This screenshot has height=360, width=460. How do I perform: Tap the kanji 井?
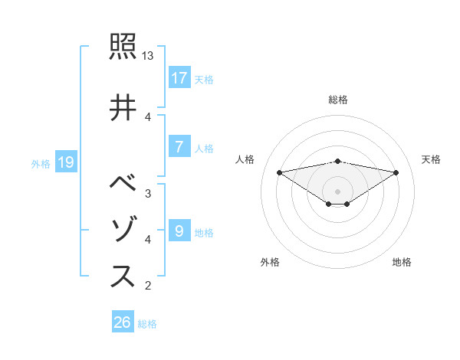pyautogui.click(x=123, y=107)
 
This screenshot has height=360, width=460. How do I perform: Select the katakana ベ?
pyautogui.click(x=123, y=185)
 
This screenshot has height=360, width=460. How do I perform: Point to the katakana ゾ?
pyautogui.click(x=123, y=230)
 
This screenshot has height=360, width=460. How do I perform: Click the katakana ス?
pyautogui.click(x=123, y=277)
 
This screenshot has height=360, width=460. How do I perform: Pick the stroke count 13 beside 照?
pyautogui.click(x=148, y=56)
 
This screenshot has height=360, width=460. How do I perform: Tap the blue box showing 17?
pyautogui.click(x=179, y=77)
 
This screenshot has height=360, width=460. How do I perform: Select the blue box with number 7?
pyautogui.click(x=179, y=147)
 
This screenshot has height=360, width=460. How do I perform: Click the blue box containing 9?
pyautogui.click(x=179, y=231)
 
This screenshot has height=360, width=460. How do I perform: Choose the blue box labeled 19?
pyautogui.click(x=65, y=162)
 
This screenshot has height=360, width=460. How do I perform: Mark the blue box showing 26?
pyautogui.click(x=123, y=322)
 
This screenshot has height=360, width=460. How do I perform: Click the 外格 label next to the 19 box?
pyautogui.click(x=41, y=163)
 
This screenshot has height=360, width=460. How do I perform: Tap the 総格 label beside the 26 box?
pyautogui.click(x=147, y=324)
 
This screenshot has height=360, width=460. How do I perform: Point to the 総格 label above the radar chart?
pyautogui.click(x=337, y=100)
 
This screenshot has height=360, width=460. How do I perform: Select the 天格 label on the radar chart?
pyautogui.click(x=431, y=159)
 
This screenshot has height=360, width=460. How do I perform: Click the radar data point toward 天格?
pyautogui.click(x=396, y=172)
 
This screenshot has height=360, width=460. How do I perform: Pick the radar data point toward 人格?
pyautogui.click(x=279, y=172)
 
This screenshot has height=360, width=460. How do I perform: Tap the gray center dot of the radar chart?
pyautogui.click(x=337, y=191)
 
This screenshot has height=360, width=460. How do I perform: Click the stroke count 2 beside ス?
pyautogui.click(x=148, y=286)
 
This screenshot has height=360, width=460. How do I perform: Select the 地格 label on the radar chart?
pyautogui.click(x=402, y=262)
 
